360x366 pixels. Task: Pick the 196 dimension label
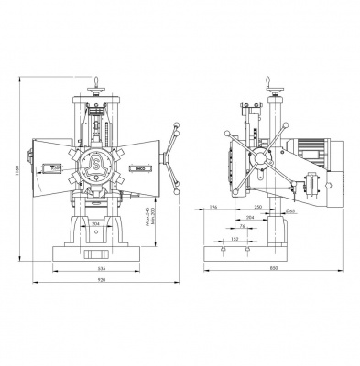(212, 209)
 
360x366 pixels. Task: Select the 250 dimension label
(258, 209)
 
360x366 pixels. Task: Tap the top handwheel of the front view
(97, 89)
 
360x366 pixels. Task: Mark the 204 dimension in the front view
(97, 222)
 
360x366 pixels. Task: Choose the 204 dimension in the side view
(250, 218)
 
